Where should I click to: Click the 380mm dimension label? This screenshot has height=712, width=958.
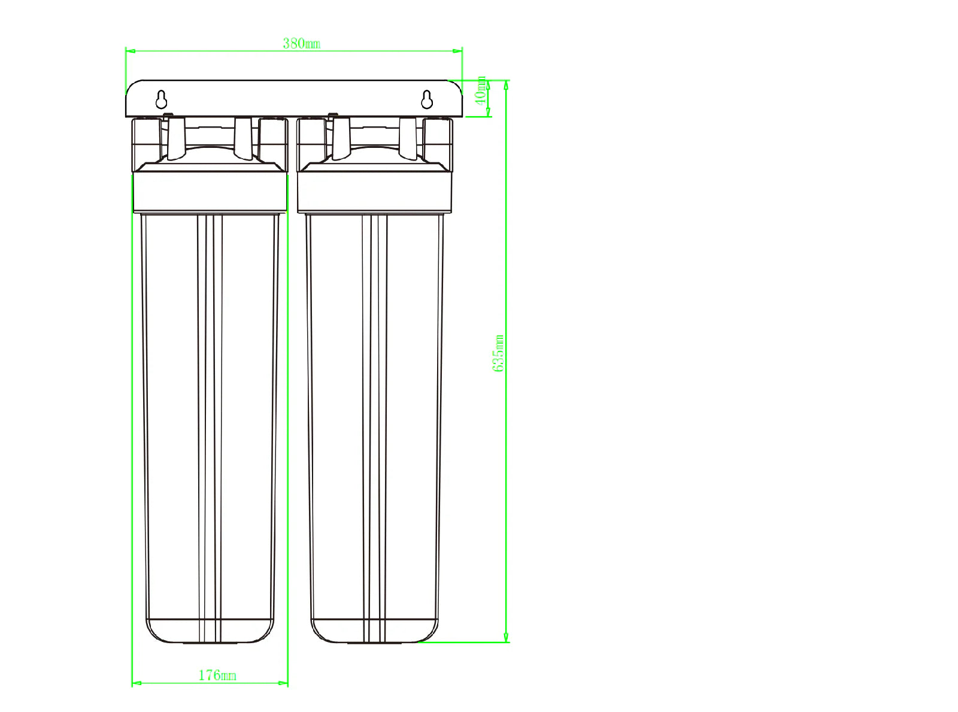[301, 44]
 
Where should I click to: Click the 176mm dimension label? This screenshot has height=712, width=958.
[217, 675]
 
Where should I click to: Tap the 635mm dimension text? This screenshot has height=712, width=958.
[498, 353]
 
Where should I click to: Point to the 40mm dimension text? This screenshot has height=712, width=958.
[481, 90]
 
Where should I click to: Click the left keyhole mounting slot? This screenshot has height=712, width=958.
[161, 99]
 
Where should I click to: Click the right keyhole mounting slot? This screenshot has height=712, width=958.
[426, 99]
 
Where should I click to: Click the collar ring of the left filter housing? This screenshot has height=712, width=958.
[210, 192]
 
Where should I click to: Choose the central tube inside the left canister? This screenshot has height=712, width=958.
[210, 419]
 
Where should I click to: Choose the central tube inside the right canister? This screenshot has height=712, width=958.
[375, 419]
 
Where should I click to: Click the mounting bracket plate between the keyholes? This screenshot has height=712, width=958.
[293, 99]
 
